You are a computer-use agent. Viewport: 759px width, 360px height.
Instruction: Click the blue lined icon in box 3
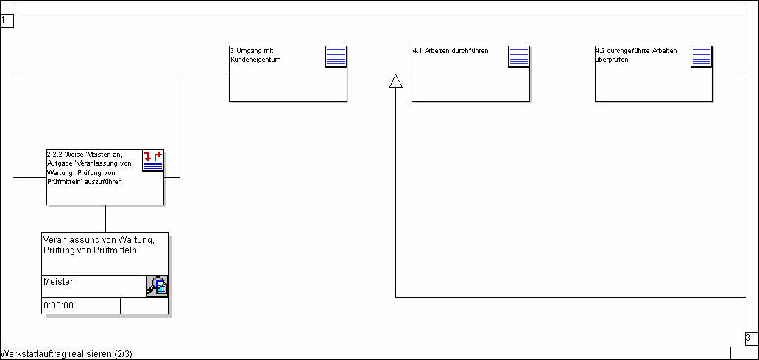pos(336,57)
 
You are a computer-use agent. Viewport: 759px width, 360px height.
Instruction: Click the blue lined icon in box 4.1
pos(519,57)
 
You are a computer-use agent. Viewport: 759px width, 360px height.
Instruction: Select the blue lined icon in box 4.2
pos(702,57)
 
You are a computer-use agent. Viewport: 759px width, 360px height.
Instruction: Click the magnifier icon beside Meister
pos(157,286)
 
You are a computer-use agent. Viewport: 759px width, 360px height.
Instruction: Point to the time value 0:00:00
pos(59,306)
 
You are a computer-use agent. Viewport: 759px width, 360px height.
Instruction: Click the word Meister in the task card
pos(58,282)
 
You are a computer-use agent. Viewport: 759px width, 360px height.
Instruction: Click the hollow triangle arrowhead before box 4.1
pos(396,81)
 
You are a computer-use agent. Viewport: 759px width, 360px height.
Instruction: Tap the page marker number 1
pos(4,21)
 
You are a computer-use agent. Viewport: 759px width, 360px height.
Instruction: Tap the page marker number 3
pos(748,339)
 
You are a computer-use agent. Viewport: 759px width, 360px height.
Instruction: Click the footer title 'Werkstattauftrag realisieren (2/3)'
pos(66,354)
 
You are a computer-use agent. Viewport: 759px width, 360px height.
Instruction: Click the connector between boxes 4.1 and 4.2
pos(562,74)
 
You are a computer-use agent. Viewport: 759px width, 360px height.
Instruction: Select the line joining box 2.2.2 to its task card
pos(105,219)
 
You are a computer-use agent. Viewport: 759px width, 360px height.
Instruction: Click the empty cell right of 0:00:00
pos(144,306)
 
